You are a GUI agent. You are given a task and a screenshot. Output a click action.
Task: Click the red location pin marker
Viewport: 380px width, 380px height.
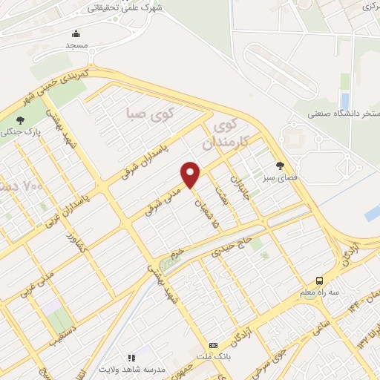coord(191,174)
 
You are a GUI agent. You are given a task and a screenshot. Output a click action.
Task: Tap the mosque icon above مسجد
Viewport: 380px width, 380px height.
coord(76,33)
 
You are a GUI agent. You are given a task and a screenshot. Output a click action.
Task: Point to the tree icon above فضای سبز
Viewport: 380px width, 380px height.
coord(280,166)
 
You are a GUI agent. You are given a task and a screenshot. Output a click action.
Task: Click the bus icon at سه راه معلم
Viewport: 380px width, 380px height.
coord(319,281)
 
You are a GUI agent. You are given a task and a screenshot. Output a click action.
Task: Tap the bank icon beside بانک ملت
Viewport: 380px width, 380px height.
coord(214,345)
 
